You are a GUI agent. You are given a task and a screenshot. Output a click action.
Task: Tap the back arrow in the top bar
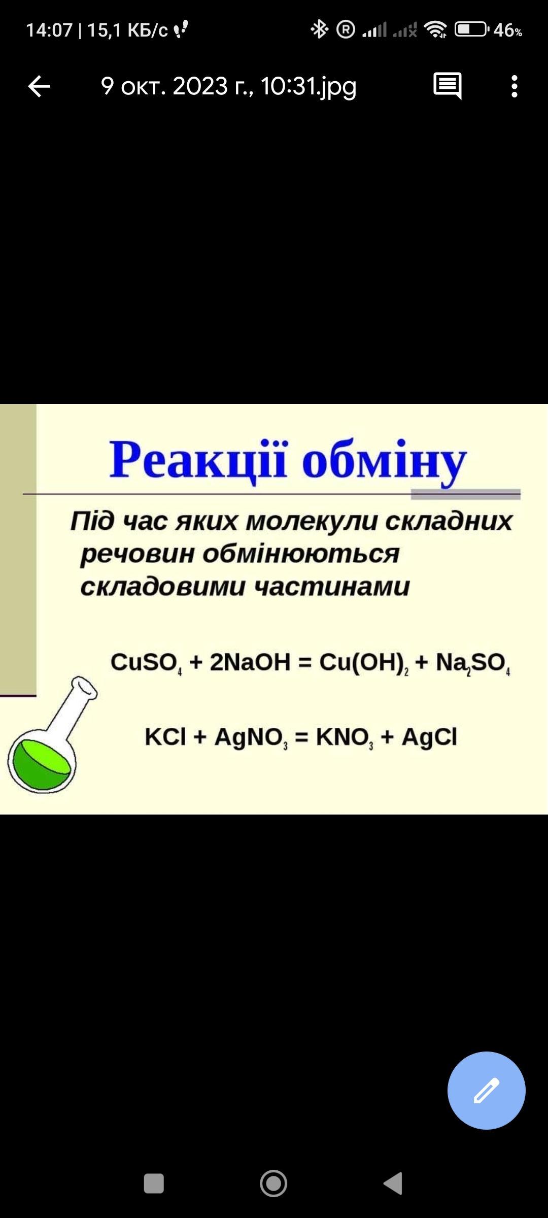click(x=39, y=86)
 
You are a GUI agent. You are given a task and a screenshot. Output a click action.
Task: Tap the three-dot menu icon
click(x=515, y=86)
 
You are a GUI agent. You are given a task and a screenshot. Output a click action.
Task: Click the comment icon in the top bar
click(x=448, y=86)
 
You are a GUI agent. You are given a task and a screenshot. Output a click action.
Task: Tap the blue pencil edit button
click(x=486, y=1090)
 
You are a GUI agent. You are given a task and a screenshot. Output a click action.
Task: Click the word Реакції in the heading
click(x=198, y=459)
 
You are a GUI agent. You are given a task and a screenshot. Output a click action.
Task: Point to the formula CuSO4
click(x=146, y=663)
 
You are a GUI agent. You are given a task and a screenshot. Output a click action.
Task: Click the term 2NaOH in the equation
click(x=250, y=662)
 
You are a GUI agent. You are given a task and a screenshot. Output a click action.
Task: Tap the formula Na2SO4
click(x=473, y=663)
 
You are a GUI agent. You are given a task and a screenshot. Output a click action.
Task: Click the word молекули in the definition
click(x=312, y=522)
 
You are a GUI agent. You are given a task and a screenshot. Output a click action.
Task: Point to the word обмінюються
click(x=301, y=554)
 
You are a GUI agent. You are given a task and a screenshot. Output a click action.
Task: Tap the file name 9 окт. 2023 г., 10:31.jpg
click(x=229, y=86)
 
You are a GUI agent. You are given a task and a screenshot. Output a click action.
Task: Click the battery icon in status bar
click(x=472, y=29)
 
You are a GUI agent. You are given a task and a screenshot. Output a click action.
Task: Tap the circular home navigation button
click(x=273, y=1183)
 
